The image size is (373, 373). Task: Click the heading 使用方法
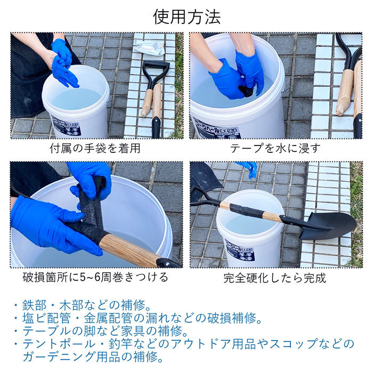click(186, 17)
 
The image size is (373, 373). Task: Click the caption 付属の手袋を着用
click(95, 148)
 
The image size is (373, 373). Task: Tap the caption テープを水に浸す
click(275, 148)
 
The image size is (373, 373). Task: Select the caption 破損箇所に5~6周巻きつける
click(95, 278)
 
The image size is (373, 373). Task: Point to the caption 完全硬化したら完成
click(275, 278)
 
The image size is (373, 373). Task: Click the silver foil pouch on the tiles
click(149, 47)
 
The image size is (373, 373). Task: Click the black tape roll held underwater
click(246, 91)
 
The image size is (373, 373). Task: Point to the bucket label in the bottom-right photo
click(240, 253)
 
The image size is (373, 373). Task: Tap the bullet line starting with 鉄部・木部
click(84, 305)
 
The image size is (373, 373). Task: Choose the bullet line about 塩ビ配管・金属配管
click(138, 318)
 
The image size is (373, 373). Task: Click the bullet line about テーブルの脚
click(102, 331)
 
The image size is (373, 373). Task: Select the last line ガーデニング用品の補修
click(93, 357)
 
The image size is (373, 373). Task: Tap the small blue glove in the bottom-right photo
click(249, 168)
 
